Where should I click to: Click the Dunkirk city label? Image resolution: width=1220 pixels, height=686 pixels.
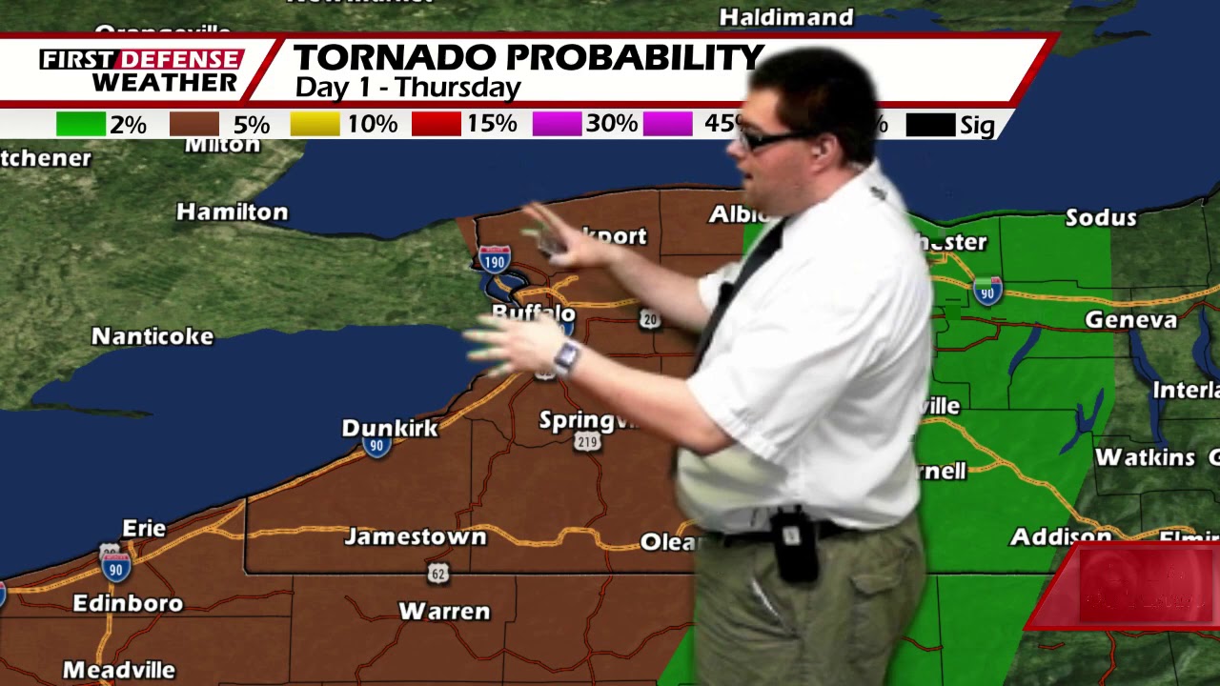[390, 427]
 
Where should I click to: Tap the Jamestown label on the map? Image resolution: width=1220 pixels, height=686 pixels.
[416, 536]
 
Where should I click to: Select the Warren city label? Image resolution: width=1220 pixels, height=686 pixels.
[444, 611]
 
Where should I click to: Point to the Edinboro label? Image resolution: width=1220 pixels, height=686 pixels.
[128, 603]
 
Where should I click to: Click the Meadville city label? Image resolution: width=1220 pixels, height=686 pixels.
[119, 670]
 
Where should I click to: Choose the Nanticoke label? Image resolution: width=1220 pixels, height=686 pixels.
[152, 336]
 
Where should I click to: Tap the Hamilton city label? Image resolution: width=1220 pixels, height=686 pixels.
[232, 212]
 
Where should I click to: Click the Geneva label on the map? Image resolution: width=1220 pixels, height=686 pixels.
[1130, 320]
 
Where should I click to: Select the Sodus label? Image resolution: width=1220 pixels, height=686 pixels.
[1101, 217]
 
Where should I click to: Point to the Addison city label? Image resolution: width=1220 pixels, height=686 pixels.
[1060, 536]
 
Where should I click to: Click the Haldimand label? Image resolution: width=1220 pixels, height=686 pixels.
[786, 17]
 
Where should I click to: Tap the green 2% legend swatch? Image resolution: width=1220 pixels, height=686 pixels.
[81, 125]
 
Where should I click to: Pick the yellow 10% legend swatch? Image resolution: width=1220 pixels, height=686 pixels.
[315, 125]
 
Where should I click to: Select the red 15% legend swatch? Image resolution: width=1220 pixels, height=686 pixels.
[436, 125]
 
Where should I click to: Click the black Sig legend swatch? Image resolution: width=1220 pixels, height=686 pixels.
[930, 125]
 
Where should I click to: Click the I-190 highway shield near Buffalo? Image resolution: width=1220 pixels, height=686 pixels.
[494, 258]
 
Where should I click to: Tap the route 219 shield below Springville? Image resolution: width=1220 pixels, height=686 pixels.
[587, 441]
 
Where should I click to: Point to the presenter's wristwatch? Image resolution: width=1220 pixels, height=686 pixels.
[566, 357]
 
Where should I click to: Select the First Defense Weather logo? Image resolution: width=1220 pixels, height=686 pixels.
[141, 71]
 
